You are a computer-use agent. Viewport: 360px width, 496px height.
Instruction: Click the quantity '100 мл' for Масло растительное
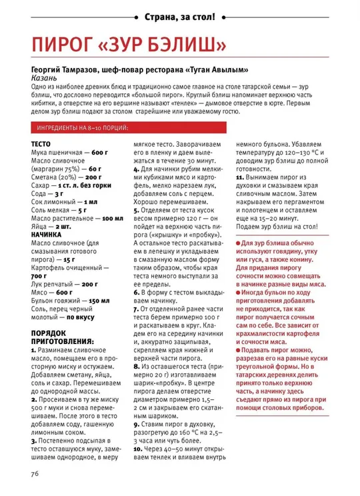coord(109,218)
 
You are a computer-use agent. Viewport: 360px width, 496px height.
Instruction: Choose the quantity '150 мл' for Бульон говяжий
coord(104,300)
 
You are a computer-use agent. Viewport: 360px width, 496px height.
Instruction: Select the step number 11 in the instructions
coord(239,177)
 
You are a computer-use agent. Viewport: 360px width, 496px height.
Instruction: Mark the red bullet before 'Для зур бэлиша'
coord(239,246)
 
